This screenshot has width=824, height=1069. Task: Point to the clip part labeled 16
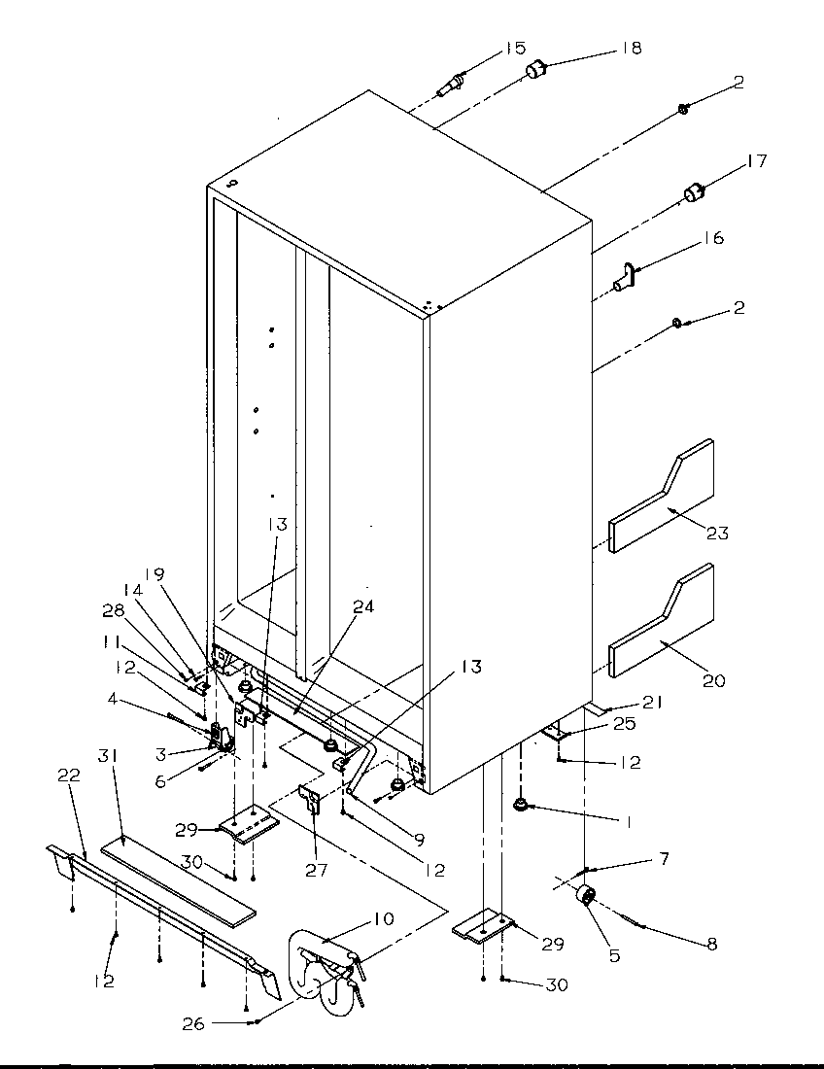point(625,277)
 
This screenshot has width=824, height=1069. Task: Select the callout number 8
point(712,944)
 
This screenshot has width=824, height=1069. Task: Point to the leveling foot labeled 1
point(522,805)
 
